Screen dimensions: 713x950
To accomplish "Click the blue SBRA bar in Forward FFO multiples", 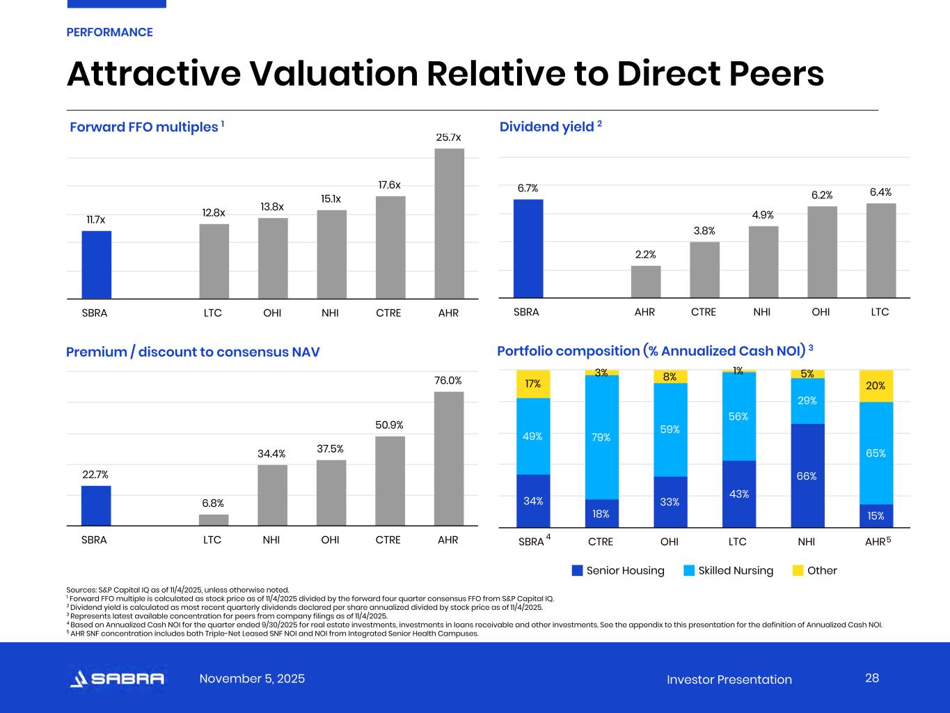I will pos(96,265).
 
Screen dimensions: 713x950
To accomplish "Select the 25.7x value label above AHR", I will pos(448,138).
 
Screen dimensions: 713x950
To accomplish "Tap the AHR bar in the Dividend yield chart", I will pos(645,281).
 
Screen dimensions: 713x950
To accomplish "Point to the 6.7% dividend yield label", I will pos(528,188).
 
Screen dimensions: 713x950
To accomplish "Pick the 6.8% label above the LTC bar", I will pos(213,503).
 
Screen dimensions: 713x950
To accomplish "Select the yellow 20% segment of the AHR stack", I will pos(876,386).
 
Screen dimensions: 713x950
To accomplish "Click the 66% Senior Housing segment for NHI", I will pos(807,476).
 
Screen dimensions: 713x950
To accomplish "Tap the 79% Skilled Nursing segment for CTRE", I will pos(601,437).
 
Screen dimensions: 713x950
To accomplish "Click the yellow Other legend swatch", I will pos(798,570).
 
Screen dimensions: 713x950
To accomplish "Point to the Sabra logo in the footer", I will pos(117,679).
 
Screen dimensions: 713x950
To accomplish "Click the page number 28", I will pos(872,678).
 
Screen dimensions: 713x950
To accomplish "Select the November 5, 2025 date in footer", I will pos(252,679).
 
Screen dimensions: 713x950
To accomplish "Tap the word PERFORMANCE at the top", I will pos(109,32).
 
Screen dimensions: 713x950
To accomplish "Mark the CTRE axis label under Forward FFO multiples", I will pos(388,313).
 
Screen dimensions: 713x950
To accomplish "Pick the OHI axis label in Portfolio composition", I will pos(669,541).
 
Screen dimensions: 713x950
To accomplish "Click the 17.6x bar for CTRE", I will pos(390,247).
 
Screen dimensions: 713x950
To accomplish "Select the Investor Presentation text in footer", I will pos(729,680).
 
